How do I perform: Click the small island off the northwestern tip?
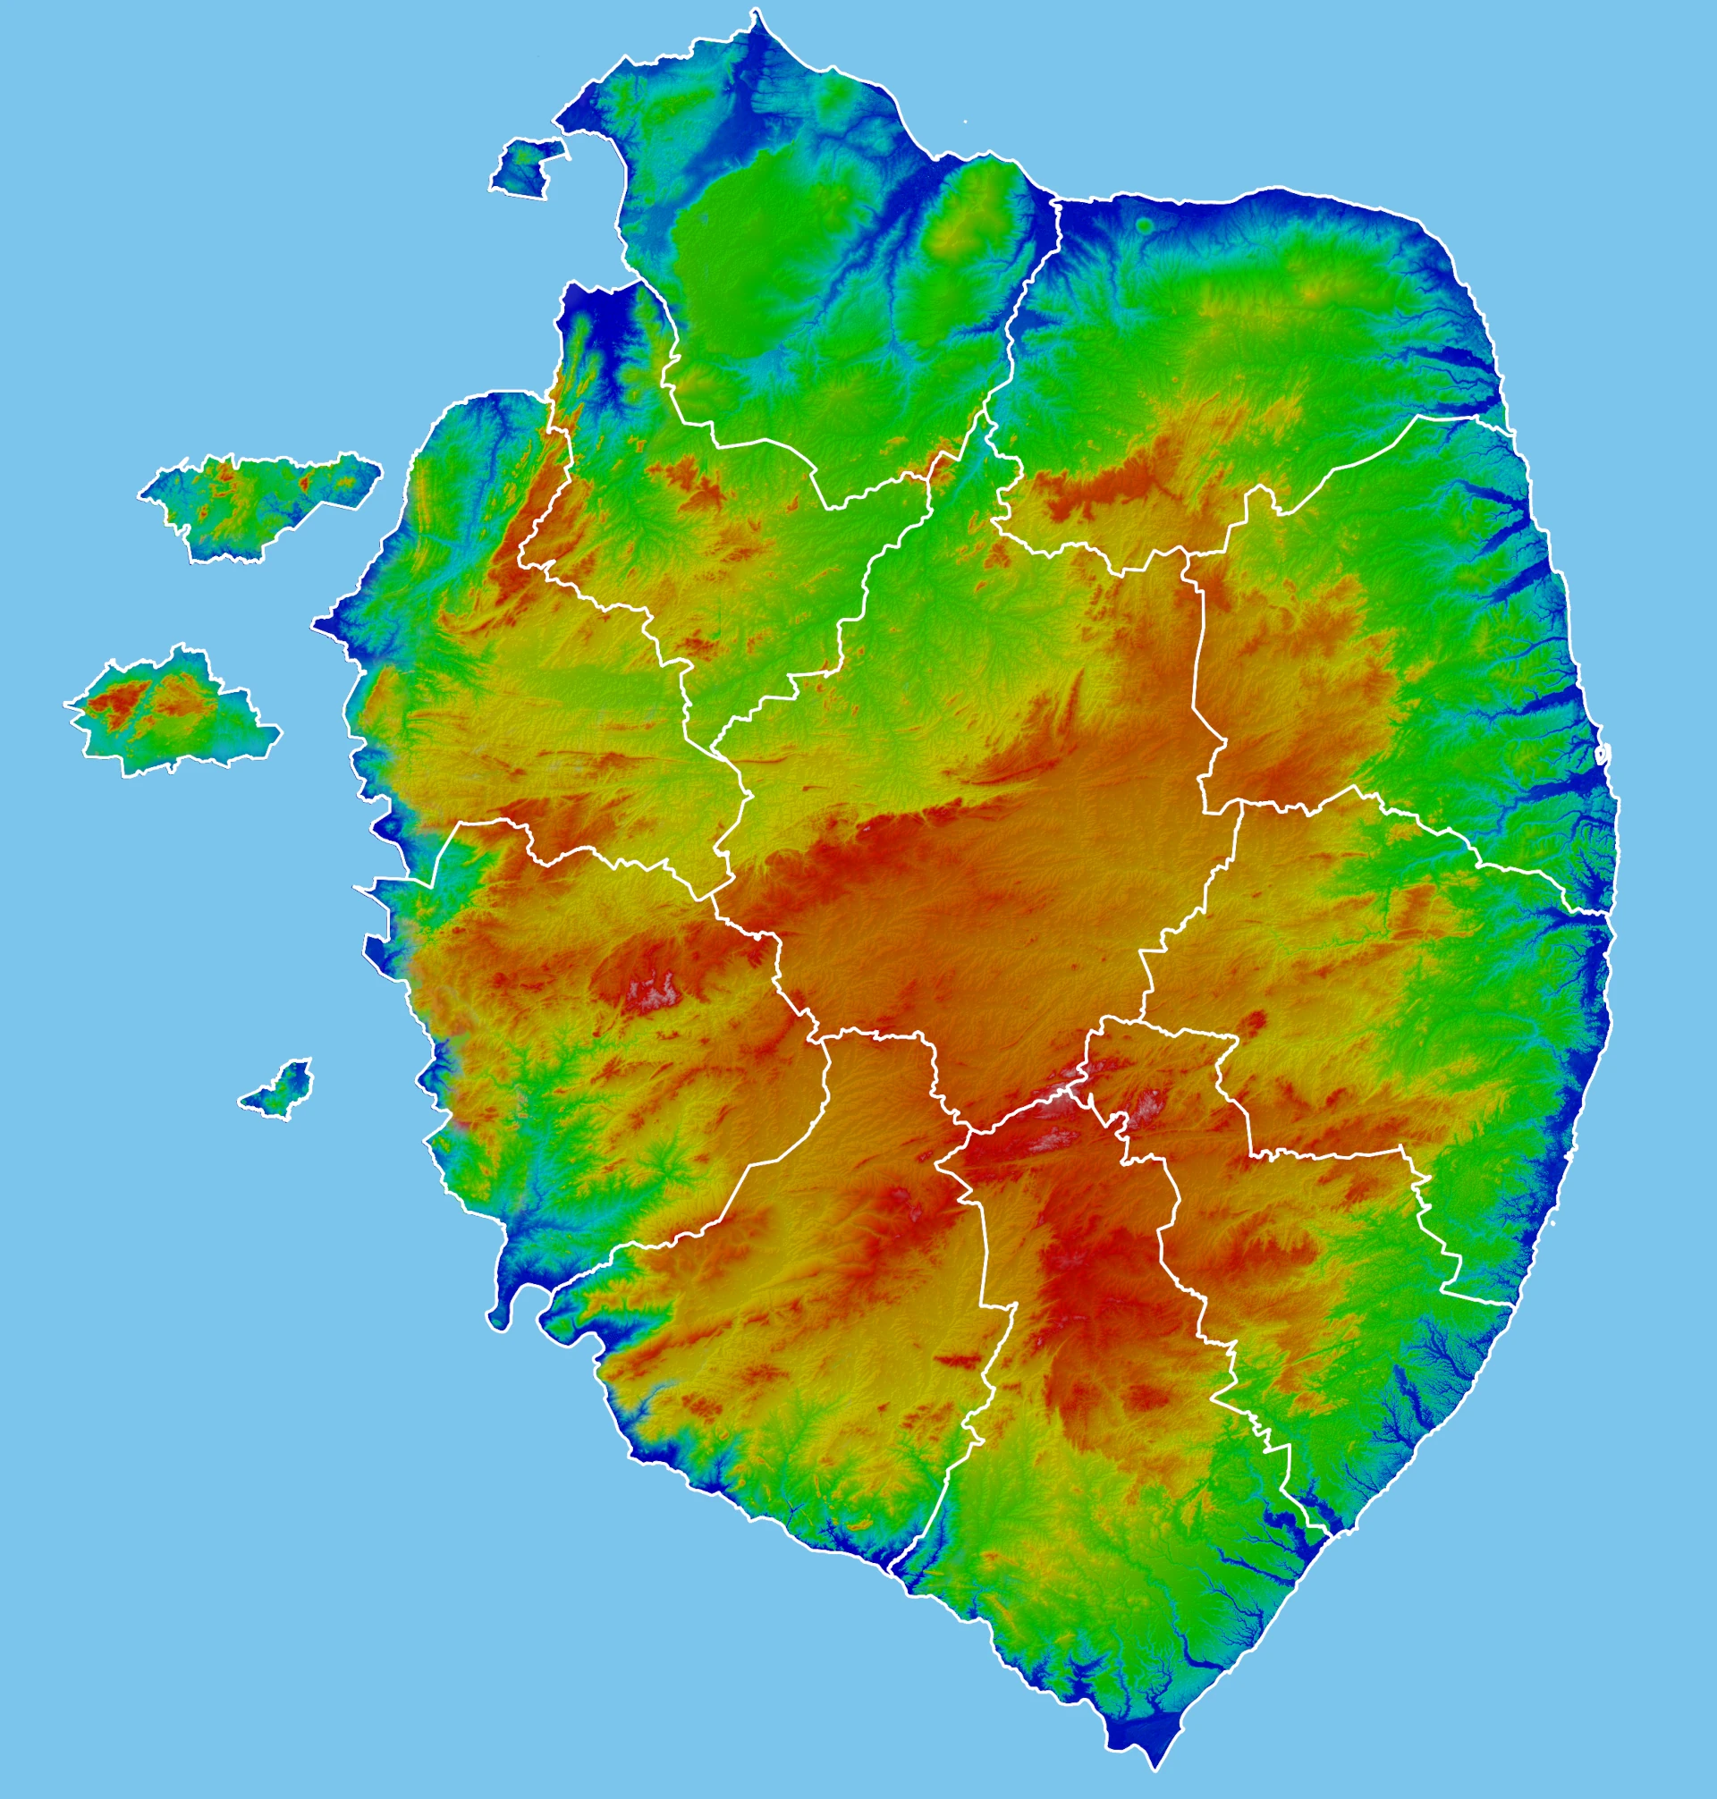click(525, 168)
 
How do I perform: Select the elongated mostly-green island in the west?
click(257, 501)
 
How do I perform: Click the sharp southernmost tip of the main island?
click(1156, 1765)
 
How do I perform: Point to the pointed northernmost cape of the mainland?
click(756, 14)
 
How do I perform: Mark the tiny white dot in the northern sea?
click(965, 121)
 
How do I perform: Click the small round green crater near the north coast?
click(1144, 224)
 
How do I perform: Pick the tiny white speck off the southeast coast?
click(1555, 1222)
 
